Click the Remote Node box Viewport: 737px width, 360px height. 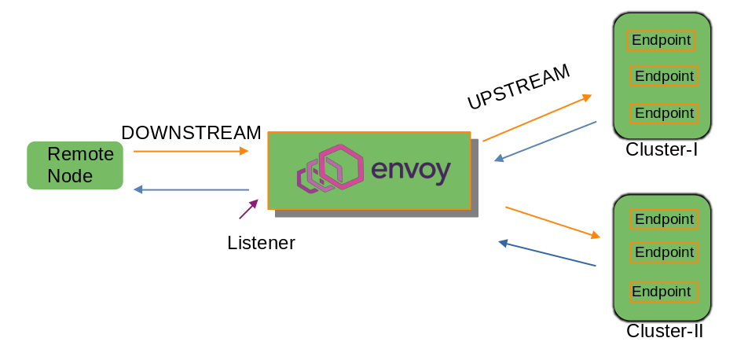[x=75, y=165]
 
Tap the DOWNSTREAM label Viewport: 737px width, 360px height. [x=191, y=133]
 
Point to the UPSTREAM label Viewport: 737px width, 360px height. [x=518, y=87]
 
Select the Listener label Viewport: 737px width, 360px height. [x=261, y=243]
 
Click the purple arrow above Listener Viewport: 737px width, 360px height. [x=248, y=209]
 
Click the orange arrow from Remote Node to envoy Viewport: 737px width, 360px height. [x=191, y=151]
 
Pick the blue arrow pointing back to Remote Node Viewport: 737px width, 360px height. [x=191, y=189]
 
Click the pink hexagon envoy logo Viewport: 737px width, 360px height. [x=330, y=168]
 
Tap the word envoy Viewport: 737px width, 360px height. [x=410, y=171]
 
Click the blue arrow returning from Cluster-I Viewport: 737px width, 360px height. [x=545, y=141]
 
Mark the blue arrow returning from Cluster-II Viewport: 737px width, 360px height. [x=547, y=254]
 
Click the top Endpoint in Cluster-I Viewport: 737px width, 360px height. [x=661, y=40]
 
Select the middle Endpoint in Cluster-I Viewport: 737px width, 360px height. [x=664, y=76]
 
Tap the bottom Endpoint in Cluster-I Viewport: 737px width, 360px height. [x=664, y=113]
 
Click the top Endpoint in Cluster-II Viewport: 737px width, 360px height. [x=664, y=219]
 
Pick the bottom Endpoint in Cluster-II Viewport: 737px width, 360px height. [x=664, y=292]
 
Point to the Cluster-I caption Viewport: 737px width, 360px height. [x=662, y=149]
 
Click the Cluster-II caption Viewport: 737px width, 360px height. [x=664, y=332]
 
